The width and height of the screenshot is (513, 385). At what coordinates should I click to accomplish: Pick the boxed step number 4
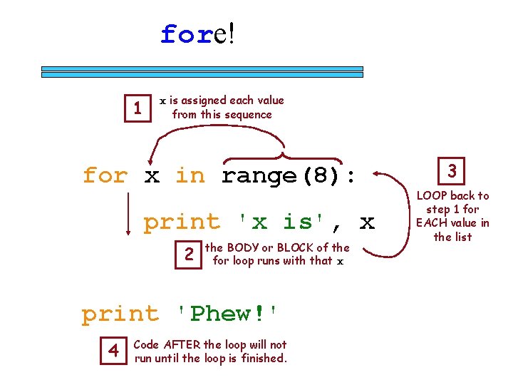113,351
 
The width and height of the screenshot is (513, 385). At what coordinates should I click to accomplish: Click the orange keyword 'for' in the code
105,175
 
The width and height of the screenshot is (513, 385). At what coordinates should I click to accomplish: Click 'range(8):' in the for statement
289,175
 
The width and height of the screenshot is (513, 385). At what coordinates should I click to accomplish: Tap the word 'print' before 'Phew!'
120,314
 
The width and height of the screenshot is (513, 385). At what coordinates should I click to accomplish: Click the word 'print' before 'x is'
182,222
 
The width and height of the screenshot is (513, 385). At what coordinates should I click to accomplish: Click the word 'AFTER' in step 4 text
182,345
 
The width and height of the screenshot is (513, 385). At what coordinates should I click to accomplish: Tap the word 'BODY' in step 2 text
242,248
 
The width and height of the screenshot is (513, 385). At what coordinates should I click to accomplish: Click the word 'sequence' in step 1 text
247,115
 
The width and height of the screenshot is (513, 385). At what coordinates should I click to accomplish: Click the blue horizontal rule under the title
202,71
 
